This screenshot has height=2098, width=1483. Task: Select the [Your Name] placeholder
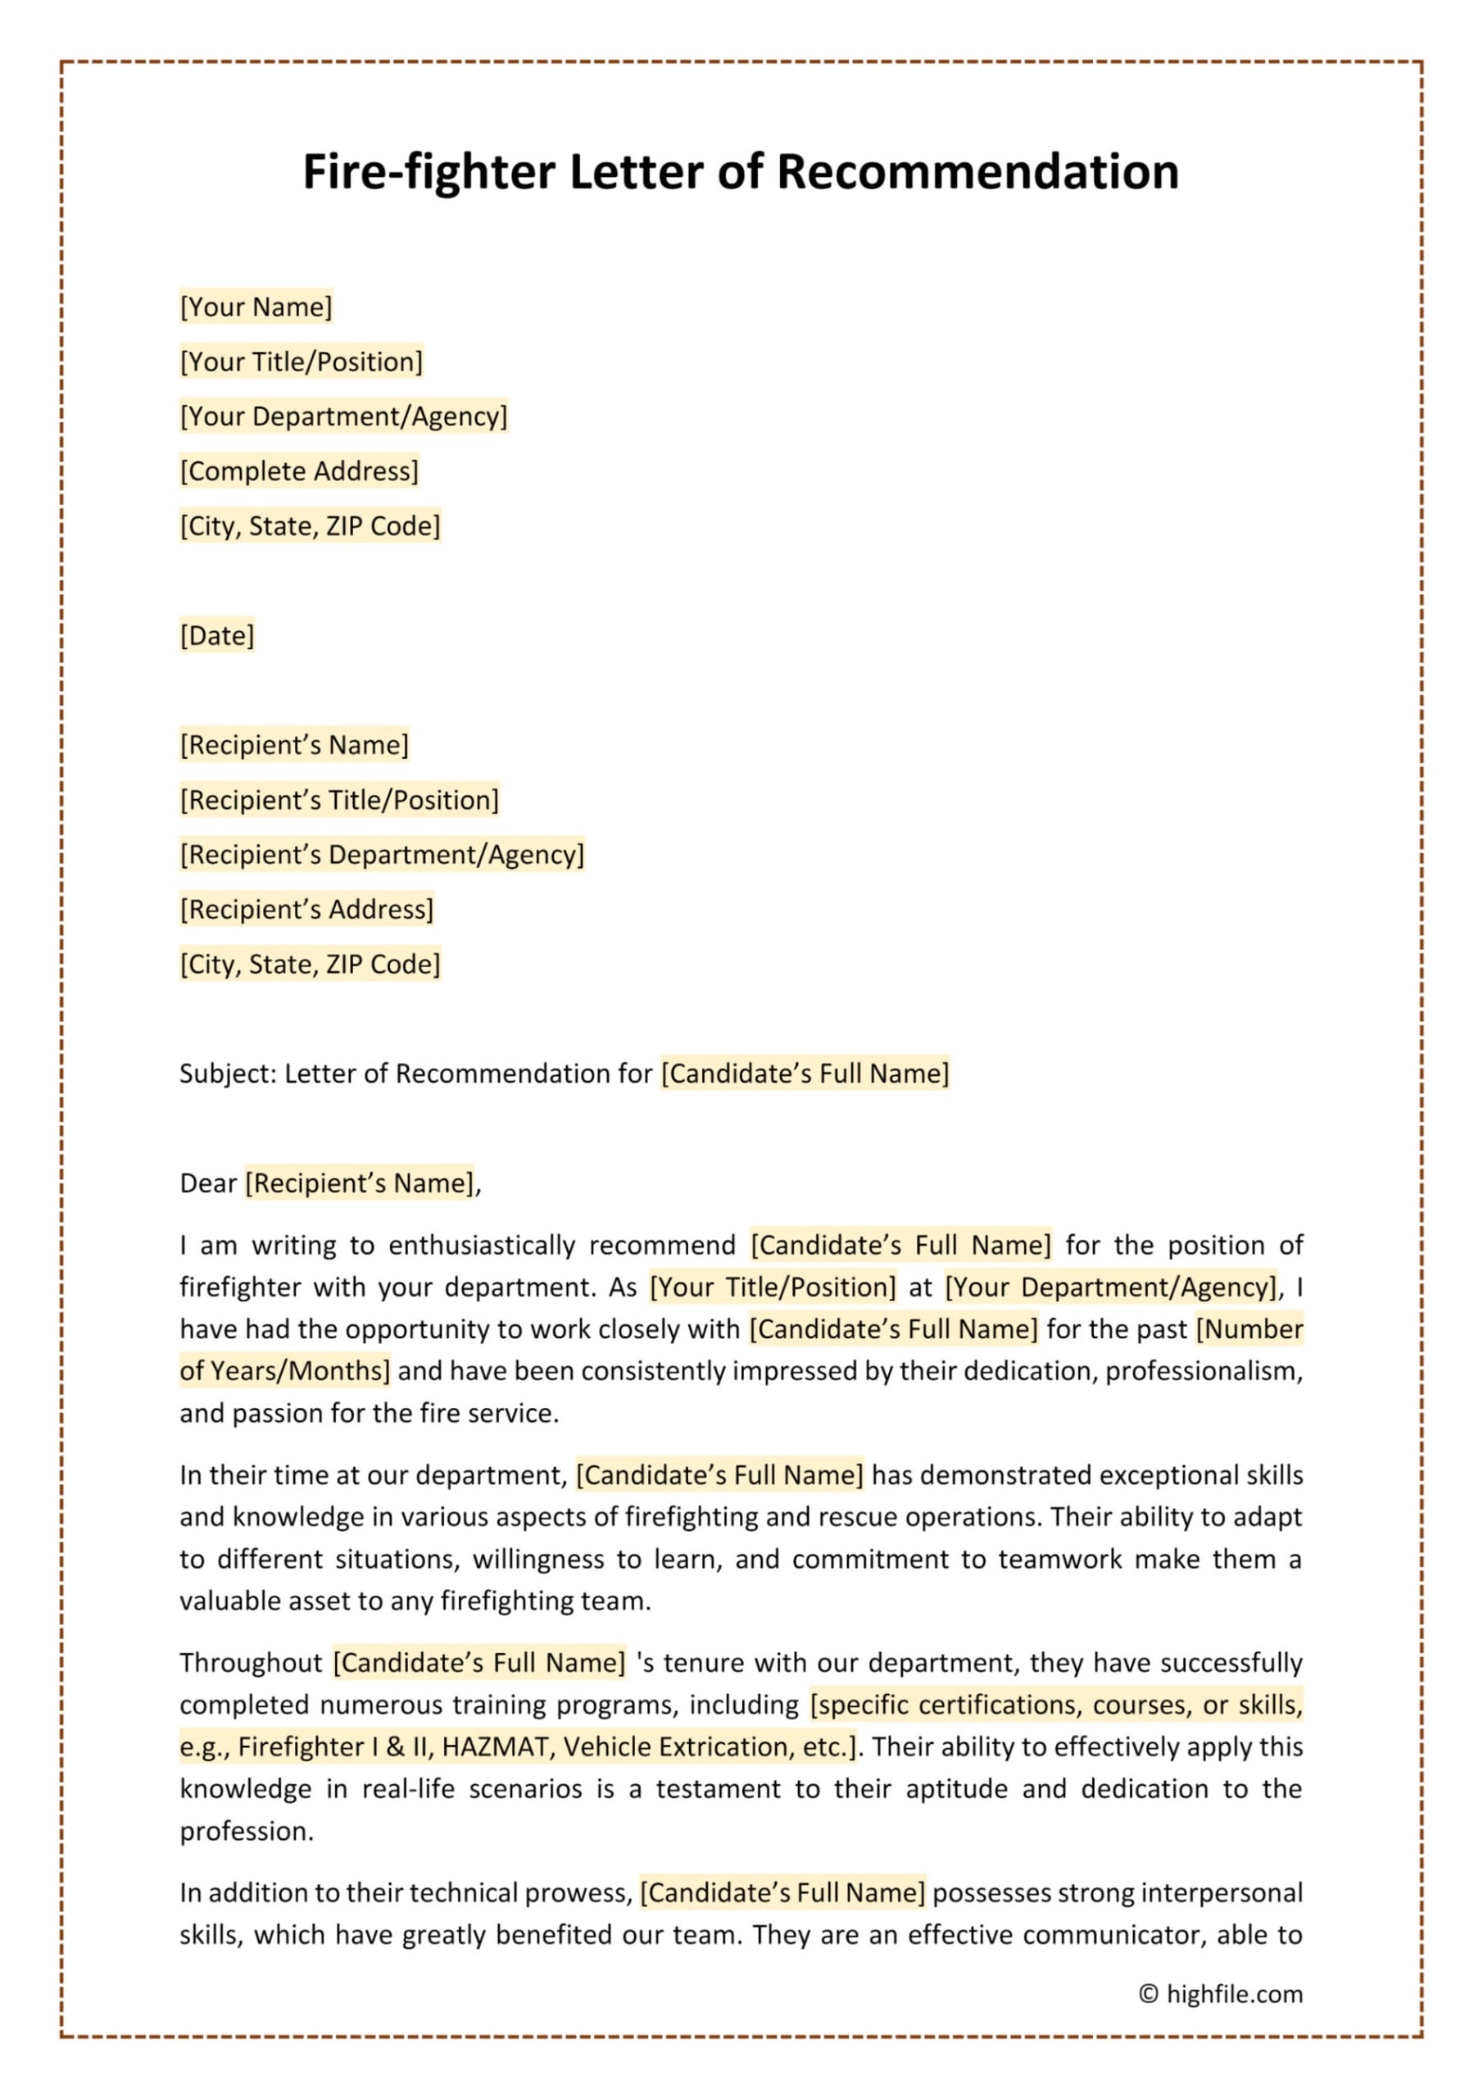256,307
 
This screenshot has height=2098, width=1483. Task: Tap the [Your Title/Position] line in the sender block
302,362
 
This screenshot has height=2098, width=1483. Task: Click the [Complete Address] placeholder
299,471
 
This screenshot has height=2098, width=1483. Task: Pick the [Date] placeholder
216,636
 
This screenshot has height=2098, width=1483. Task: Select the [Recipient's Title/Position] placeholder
339,801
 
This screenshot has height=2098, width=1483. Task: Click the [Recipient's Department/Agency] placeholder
381,856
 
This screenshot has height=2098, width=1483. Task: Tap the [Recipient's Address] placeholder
306,910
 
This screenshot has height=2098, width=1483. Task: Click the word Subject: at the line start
228,1074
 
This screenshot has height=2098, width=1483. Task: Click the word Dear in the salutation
208,1183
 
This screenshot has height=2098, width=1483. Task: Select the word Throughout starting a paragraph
251,1663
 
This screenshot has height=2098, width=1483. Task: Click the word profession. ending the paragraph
247,1831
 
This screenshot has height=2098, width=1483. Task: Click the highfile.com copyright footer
1221,1994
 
